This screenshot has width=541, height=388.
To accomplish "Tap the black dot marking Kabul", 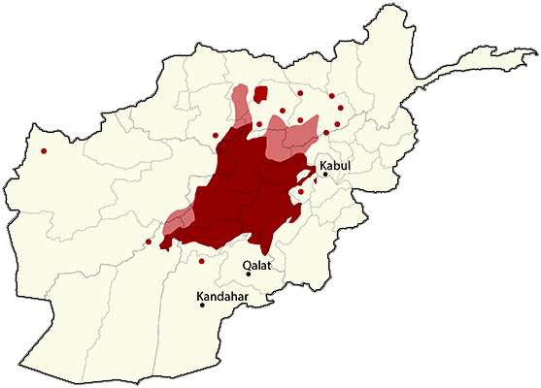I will pyautogui.click(x=325, y=175).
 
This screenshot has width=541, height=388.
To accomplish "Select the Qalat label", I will pyautogui.click(x=257, y=264).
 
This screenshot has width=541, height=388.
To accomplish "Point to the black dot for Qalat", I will pyautogui.click(x=249, y=273).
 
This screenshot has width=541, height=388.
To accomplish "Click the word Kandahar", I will pyautogui.click(x=220, y=296).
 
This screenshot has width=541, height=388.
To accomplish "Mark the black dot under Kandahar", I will pyautogui.click(x=202, y=306).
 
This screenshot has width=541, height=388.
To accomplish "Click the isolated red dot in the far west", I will pyautogui.click(x=44, y=150).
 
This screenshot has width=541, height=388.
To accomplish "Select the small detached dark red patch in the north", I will pyautogui.click(x=260, y=94).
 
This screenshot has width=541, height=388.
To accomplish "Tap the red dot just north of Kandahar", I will pyautogui.click(x=201, y=261).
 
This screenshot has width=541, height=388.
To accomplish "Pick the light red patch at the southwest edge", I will pyautogui.click(x=176, y=222).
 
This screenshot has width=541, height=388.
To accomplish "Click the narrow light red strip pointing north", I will pyautogui.click(x=239, y=107).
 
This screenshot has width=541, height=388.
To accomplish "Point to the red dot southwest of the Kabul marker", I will pyautogui.click(x=301, y=192).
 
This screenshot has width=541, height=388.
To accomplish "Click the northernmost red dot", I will pyautogui.click(x=300, y=93).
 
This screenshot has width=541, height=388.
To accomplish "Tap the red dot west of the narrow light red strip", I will pyautogui.click(x=215, y=135).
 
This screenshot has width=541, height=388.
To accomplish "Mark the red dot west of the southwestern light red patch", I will pyautogui.click(x=149, y=241).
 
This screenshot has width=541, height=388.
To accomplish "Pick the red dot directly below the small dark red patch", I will pyautogui.click(x=259, y=123).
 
